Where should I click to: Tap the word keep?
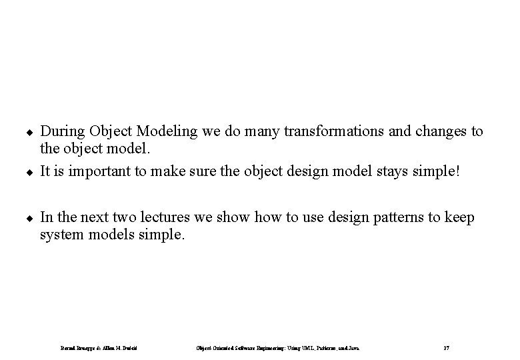(x=459, y=217)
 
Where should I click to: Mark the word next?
(x=87, y=217)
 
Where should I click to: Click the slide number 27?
(x=445, y=347)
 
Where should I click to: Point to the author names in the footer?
(x=103, y=347)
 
